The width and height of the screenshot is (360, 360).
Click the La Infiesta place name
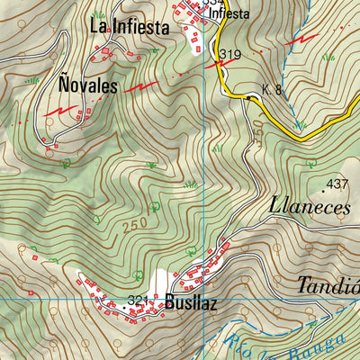(x=130, y=28)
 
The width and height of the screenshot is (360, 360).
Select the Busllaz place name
(x=192, y=303)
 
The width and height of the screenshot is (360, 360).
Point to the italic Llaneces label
(x=309, y=205)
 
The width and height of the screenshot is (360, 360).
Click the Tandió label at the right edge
(x=328, y=287)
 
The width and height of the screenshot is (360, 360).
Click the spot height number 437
(x=337, y=184)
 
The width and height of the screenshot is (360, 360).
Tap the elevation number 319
(x=229, y=56)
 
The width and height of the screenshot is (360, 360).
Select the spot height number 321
(x=138, y=301)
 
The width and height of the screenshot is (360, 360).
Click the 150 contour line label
(x=257, y=130)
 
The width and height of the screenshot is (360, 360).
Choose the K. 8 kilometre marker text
(x=272, y=89)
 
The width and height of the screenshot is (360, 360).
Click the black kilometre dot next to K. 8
(x=248, y=95)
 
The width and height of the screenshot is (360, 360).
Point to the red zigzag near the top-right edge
(x=307, y=40)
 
